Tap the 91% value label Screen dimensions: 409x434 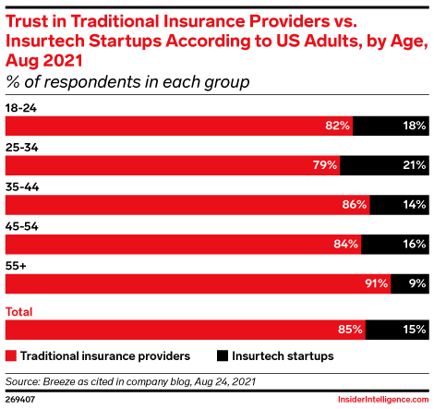tap(375, 283)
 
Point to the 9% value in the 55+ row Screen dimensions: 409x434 tap(416, 283)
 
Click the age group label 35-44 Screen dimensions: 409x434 tap(21, 186)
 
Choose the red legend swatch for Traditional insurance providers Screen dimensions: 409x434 tap(12, 355)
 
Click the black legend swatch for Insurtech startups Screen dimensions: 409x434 tap(223, 355)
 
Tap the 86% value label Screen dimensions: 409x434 tap(355, 204)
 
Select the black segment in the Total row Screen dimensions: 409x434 tap(397, 327)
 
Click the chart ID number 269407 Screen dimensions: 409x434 tap(22, 400)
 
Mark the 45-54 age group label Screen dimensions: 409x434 tap(21, 224)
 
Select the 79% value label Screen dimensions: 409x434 tap(324, 164)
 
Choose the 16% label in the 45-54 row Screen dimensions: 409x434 tap(413, 244)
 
